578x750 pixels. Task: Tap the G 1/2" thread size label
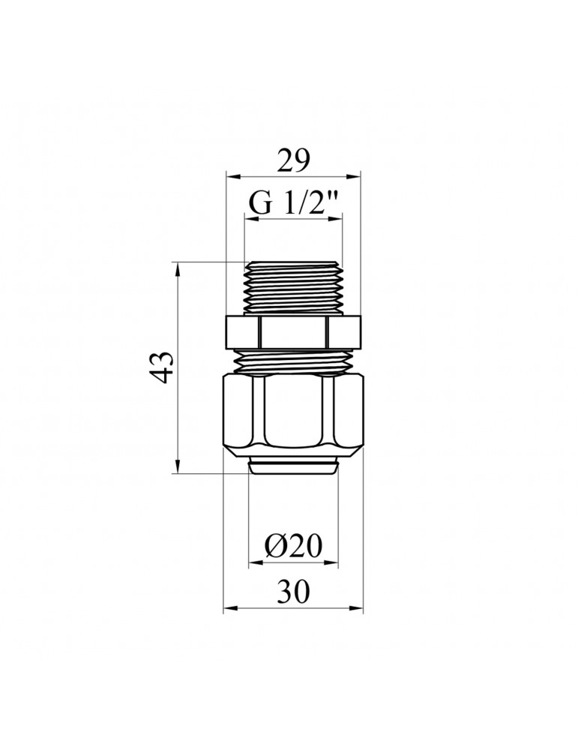pyautogui.click(x=293, y=204)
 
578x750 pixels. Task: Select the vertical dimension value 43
pyautogui.click(x=163, y=367)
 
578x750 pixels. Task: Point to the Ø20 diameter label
pyautogui.click(x=293, y=546)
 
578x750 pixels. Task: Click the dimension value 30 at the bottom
pyautogui.click(x=294, y=592)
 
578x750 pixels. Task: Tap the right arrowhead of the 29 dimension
pyautogui.click(x=355, y=176)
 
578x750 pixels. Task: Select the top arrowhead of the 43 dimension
pyautogui.click(x=178, y=268)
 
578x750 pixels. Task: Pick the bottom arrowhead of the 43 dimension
pyautogui.click(x=178, y=466)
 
